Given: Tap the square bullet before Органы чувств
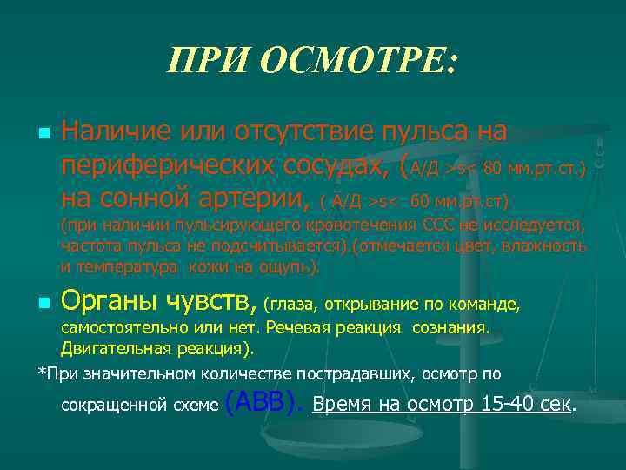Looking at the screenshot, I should pyautogui.click(x=43, y=305).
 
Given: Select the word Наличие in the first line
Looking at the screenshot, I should pyautogui.click(x=117, y=132).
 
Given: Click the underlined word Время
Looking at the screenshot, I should pyautogui.click(x=340, y=405).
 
